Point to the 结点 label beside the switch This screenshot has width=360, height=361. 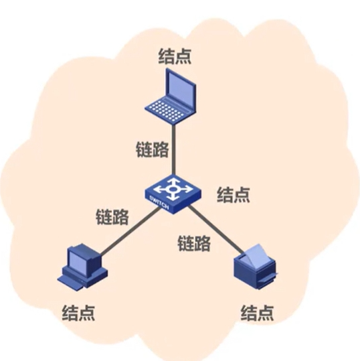[x=234, y=195]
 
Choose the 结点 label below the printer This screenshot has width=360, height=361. [x=258, y=312]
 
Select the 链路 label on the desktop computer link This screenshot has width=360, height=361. [x=112, y=218]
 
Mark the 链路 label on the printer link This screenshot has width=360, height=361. [x=193, y=243]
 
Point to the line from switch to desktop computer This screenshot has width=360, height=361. [x=127, y=230]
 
